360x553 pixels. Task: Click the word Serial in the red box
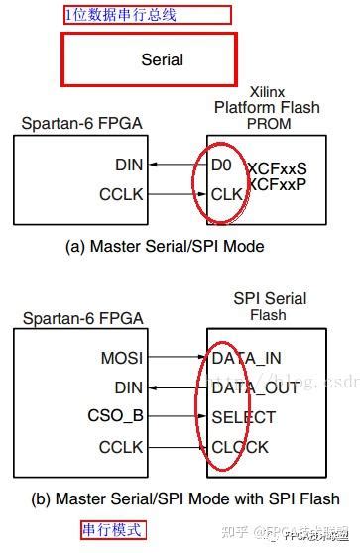click(162, 59)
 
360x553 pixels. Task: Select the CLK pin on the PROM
click(225, 194)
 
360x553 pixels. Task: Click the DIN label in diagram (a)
click(129, 166)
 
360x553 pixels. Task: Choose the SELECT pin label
click(243, 417)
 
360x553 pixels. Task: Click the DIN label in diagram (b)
click(129, 387)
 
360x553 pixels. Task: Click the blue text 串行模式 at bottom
click(112, 530)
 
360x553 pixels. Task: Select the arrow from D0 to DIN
click(176, 166)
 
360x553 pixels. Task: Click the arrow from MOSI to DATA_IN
click(176, 356)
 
